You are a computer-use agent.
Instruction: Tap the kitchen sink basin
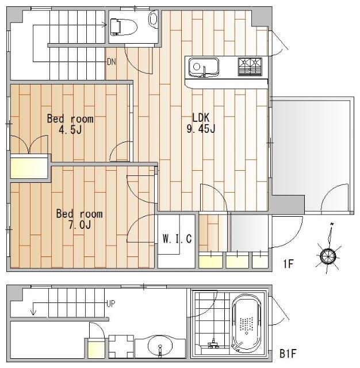click(x=204, y=67)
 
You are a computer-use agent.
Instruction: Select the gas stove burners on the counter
click(x=250, y=67)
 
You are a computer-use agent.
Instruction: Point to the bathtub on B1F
click(x=246, y=324)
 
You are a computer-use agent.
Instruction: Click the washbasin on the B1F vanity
click(x=160, y=346)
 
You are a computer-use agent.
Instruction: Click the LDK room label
click(x=201, y=117)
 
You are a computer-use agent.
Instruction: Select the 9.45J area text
click(x=201, y=129)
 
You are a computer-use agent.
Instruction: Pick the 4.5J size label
click(x=70, y=129)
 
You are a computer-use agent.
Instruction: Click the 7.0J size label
click(x=79, y=225)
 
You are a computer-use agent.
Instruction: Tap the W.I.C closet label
click(x=177, y=239)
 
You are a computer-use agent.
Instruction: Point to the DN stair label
click(x=112, y=62)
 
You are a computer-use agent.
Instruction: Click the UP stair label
click(x=111, y=304)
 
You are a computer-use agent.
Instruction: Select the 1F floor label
click(x=288, y=264)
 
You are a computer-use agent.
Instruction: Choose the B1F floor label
click(x=288, y=354)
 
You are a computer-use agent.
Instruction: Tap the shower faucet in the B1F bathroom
click(x=213, y=343)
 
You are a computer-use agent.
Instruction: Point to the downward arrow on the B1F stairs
click(x=33, y=309)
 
